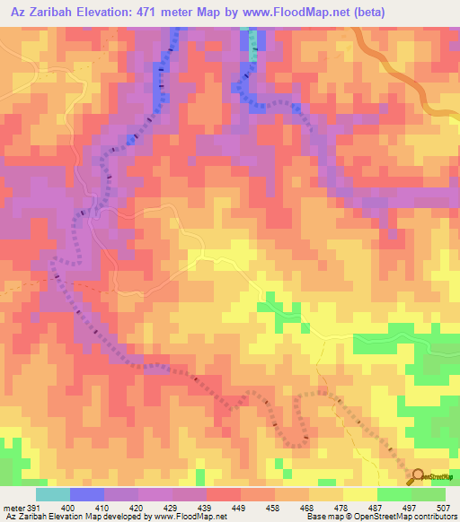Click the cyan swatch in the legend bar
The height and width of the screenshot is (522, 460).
click(52, 494)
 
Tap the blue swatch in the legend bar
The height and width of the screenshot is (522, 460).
click(86, 494)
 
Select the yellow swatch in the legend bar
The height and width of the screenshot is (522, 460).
click(359, 494)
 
